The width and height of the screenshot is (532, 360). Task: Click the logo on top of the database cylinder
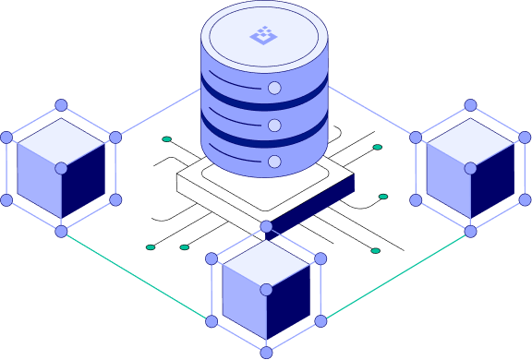(264, 36)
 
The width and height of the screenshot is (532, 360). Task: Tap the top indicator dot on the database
(274, 88)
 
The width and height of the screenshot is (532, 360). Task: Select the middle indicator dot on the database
(274, 125)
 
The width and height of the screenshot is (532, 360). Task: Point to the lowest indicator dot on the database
(274, 162)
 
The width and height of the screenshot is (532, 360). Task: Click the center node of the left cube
(61, 168)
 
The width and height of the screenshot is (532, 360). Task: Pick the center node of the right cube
(470, 168)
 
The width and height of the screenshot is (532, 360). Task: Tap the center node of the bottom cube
(266, 290)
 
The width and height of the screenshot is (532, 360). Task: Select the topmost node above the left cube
(61, 105)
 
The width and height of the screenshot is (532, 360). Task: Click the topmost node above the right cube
(470, 105)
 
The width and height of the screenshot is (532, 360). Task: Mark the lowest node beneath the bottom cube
(266, 353)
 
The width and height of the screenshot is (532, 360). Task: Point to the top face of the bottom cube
(266, 264)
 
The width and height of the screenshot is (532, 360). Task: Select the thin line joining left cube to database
(157, 113)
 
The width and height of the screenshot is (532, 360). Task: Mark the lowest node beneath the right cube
(470, 231)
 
